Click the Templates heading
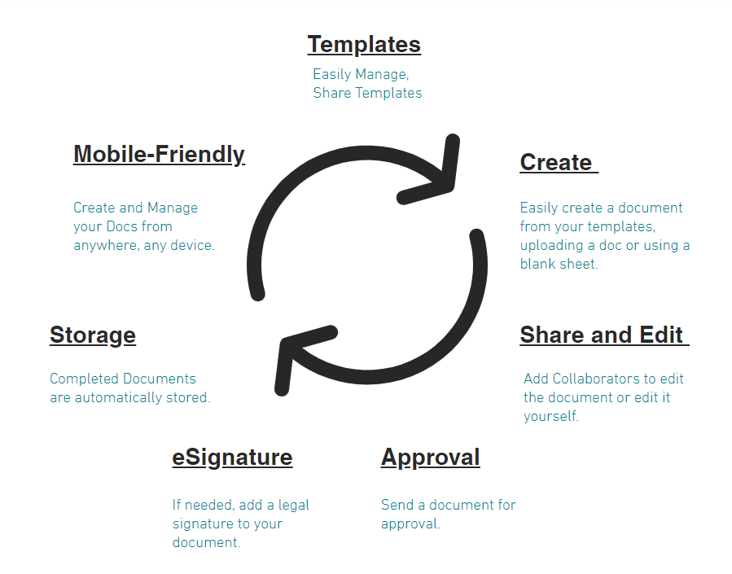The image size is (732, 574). (364, 44)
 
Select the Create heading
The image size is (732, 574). (556, 162)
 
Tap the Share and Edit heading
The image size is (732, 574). (602, 335)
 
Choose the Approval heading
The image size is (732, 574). (430, 458)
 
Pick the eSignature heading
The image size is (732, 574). (232, 458)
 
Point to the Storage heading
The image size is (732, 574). (93, 335)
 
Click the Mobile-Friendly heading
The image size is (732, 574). (159, 154)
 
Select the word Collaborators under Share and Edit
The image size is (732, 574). (594, 379)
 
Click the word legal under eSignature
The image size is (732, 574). (294, 505)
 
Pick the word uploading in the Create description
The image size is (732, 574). (550, 245)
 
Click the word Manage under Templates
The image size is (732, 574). (381, 74)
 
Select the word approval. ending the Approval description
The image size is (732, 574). (410, 524)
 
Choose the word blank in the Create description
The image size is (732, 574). (537, 264)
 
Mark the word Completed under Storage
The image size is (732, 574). (84, 379)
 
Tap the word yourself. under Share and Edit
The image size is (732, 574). (550, 416)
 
